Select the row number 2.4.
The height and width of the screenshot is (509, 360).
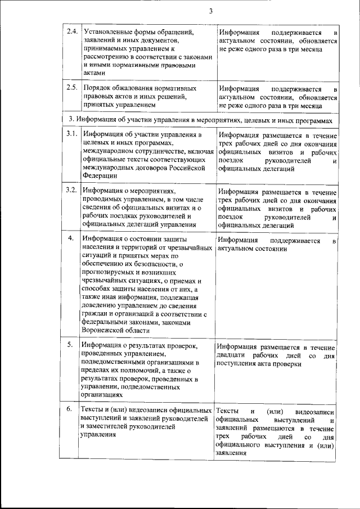[x=71, y=31]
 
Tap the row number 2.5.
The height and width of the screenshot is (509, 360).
[x=71, y=89]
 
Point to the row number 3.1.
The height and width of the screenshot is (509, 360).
[x=71, y=134]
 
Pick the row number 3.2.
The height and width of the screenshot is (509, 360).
[x=71, y=190]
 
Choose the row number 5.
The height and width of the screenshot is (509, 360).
[x=71, y=345]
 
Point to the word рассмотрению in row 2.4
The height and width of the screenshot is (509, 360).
[x=107, y=57]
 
